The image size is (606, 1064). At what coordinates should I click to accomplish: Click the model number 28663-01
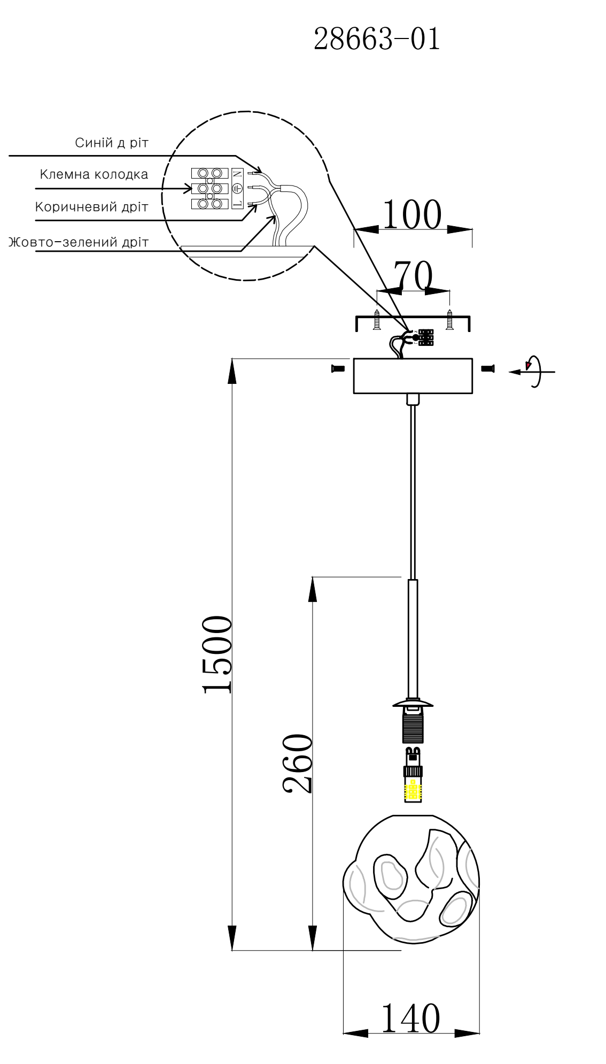click(x=377, y=39)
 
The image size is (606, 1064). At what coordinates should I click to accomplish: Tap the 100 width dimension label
click(x=413, y=215)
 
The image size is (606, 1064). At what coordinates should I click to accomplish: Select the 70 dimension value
click(x=413, y=277)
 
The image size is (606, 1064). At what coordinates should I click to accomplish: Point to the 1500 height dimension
click(x=217, y=654)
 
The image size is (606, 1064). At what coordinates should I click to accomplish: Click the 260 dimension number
click(x=297, y=764)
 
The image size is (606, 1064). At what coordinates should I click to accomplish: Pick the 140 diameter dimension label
click(x=410, y=1019)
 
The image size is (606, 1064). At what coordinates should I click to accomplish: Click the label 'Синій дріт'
click(x=112, y=143)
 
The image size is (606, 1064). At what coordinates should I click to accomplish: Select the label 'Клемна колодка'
click(x=94, y=174)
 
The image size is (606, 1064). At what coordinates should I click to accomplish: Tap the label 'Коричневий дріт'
click(x=91, y=207)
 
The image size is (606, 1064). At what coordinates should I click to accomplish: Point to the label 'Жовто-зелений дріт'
click(x=79, y=242)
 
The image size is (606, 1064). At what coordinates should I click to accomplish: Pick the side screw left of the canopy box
click(x=338, y=368)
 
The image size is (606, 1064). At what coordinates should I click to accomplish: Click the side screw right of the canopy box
click(x=488, y=368)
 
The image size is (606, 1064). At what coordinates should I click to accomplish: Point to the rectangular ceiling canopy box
click(x=413, y=376)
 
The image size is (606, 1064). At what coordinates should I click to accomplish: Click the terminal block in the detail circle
click(x=209, y=188)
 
